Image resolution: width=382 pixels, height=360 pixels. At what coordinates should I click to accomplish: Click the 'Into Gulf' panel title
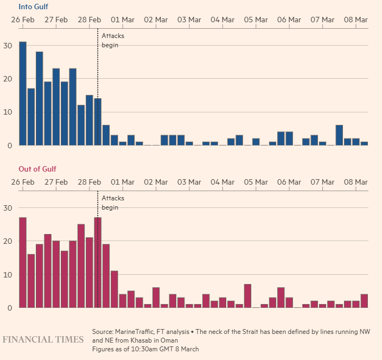coord(33,7)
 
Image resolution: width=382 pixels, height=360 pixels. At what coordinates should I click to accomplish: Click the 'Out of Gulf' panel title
coord(37,169)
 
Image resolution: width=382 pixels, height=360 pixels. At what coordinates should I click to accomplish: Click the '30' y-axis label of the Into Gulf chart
coord(8,45)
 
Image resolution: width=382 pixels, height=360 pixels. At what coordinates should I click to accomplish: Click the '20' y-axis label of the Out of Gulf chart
coord(8,241)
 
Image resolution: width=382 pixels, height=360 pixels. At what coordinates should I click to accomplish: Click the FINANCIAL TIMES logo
coord(43,339)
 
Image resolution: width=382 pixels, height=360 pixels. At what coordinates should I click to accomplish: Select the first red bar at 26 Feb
coord(23,263)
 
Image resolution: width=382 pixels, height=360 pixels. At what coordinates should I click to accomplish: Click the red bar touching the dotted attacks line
coord(98,263)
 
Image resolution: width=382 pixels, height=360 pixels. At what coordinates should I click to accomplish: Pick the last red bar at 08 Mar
coord(364,301)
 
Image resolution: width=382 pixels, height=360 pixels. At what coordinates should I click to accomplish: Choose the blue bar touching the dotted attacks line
coord(98,122)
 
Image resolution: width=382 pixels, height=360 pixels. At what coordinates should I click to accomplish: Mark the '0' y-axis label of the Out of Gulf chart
coord(8,308)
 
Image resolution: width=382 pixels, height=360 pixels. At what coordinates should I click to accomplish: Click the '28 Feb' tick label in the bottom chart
coord(89,182)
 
